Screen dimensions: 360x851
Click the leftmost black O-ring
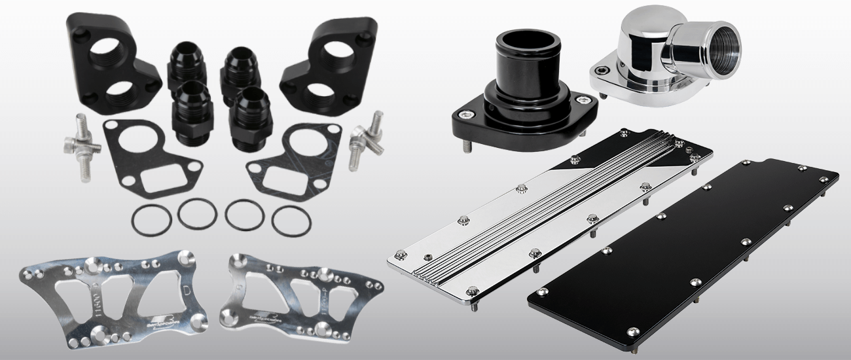coord(150,221)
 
